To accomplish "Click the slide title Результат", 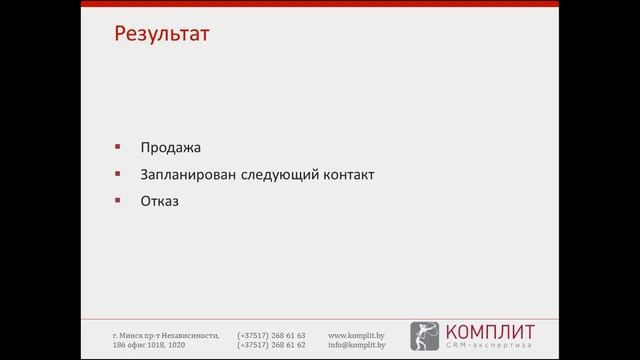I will coord(161,35).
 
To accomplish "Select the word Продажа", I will coord(170,148).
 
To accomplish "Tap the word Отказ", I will coord(160,200).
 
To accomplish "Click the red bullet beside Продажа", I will coord(118,147).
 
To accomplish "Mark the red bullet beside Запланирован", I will coord(118,173).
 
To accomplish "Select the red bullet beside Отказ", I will coord(118,199).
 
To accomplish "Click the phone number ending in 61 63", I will coord(271,335).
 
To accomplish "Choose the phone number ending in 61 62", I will coord(271,345).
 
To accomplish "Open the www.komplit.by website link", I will coord(357,335).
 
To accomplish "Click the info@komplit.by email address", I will coord(357,345).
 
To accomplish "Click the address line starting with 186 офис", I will coord(149,345).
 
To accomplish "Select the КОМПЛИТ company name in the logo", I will coord(489,331).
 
